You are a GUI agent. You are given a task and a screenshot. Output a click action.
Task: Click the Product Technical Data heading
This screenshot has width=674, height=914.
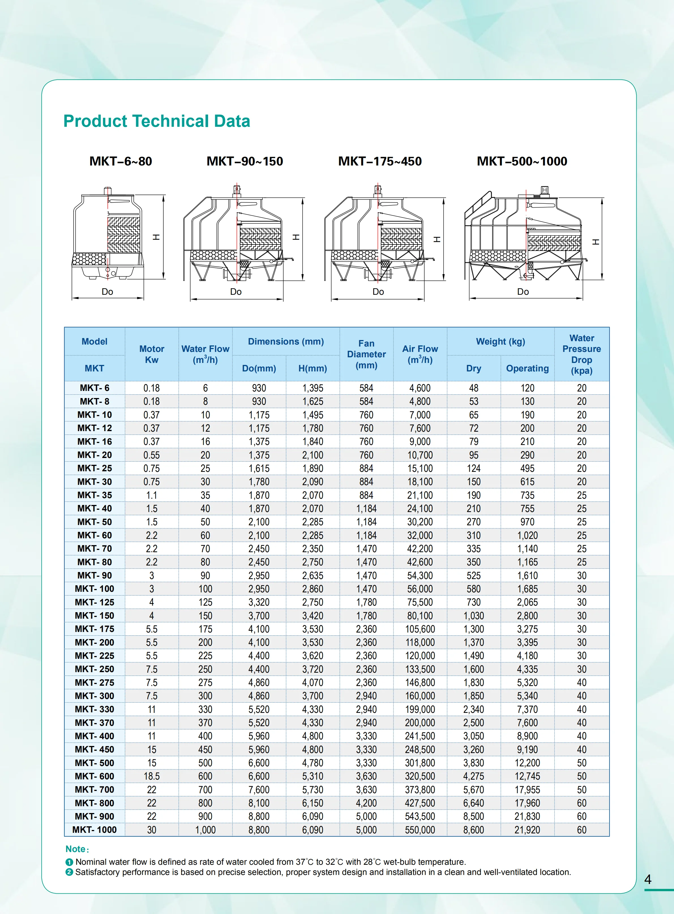(157, 121)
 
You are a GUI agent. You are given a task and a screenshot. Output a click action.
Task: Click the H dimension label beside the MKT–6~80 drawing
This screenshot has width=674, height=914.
(156, 237)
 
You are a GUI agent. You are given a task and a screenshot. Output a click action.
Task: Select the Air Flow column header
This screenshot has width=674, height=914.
(420, 354)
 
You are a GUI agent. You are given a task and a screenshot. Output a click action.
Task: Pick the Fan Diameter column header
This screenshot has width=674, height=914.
(366, 354)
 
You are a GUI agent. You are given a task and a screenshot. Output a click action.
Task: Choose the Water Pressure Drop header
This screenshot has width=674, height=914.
(581, 354)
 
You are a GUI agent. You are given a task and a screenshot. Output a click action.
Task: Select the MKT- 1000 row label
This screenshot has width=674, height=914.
(95, 830)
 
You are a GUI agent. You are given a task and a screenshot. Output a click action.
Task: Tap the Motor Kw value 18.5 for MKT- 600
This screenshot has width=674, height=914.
(152, 776)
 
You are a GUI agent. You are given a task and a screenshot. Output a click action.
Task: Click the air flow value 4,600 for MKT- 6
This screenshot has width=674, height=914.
(420, 388)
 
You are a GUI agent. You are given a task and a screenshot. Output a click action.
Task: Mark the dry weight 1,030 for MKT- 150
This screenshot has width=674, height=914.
(473, 616)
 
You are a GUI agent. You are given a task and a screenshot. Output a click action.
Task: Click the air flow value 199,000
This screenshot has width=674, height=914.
(420, 709)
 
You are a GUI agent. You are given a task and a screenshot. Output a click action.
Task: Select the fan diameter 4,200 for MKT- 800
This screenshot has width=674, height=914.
(366, 803)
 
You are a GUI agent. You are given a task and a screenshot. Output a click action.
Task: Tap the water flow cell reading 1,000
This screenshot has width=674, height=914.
(205, 830)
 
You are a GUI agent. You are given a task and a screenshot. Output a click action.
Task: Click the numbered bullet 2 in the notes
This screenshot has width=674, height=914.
(69, 872)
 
